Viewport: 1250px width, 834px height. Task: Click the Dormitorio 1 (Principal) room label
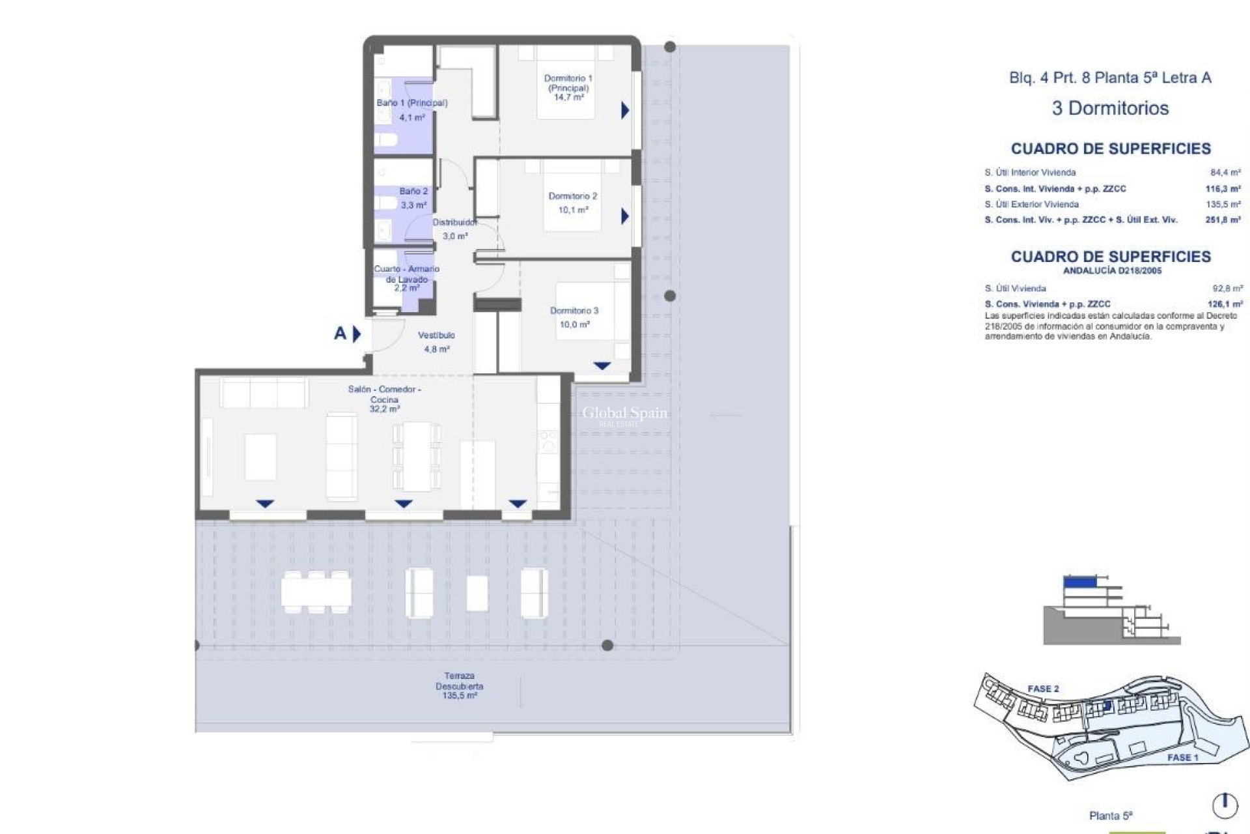568,87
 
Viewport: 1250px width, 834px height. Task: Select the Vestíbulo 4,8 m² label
437,342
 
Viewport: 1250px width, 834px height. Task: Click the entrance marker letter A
340,334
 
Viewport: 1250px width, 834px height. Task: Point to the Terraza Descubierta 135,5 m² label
460,686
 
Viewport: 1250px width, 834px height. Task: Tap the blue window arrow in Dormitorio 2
625,216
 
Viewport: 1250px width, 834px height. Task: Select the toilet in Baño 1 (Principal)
386,140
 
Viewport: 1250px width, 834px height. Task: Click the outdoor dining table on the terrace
316,592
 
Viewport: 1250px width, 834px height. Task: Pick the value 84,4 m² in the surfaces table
1225,173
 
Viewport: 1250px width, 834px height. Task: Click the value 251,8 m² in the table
1223,220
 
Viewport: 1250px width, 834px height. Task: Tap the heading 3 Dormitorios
1110,108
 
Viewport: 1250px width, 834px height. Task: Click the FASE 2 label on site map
1043,689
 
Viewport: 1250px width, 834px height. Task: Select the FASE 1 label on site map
1182,758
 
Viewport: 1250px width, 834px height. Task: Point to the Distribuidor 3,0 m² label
455,229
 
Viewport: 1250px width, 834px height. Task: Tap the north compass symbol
1225,805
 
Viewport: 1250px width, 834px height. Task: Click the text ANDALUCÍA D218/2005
1111,270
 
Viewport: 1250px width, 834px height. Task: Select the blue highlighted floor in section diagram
1079,582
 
